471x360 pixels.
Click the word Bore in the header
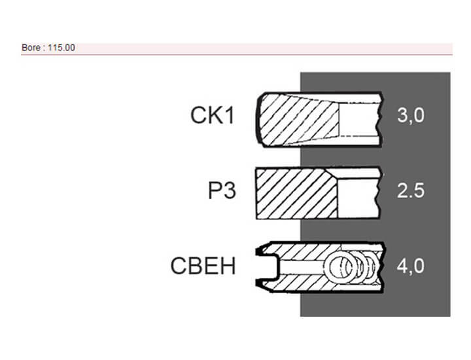click(31, 48)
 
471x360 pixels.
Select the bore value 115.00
click(61, 48)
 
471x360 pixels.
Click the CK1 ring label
click(213, 115)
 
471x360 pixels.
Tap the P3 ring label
click(222, 190)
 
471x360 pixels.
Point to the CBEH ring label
click(203, 266)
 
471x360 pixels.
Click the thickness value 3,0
click(411, 115)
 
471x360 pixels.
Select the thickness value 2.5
click(411, 190)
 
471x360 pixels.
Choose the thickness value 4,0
click(411, 266)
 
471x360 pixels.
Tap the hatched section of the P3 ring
click(296, 193)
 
